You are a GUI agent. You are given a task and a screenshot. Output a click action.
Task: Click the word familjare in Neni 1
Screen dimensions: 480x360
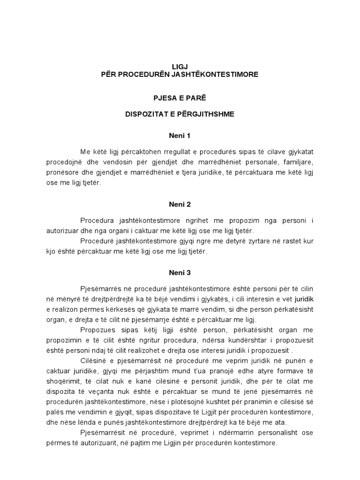304,162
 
